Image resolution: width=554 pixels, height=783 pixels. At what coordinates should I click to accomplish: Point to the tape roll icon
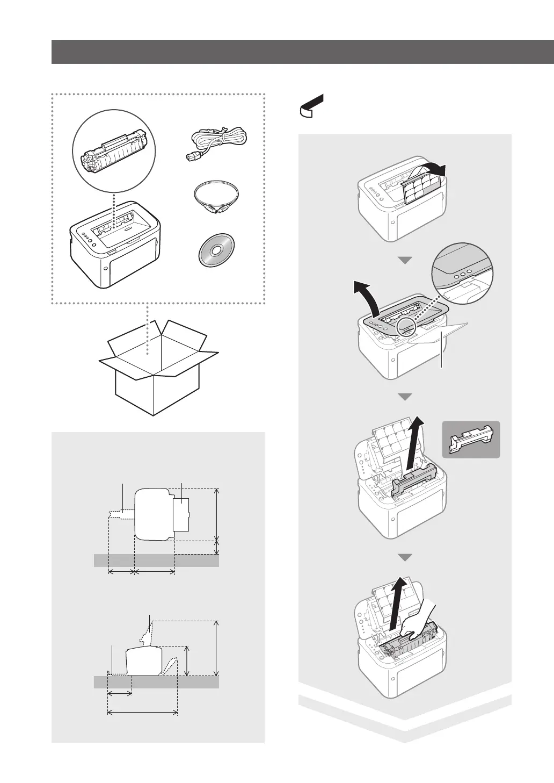pos(310,105)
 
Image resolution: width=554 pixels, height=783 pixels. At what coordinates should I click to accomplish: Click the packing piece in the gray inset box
pos(470,439)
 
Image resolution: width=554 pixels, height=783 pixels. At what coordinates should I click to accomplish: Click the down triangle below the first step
pos(406,260)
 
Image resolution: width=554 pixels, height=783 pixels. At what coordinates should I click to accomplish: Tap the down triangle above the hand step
pos(406,557)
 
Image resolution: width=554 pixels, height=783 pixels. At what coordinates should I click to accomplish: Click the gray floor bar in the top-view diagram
pos(156,561)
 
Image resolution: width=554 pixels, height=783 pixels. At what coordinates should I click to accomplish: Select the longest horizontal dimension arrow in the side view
pos(143,713)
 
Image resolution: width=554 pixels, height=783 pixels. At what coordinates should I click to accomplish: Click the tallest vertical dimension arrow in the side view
pos(216,648)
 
